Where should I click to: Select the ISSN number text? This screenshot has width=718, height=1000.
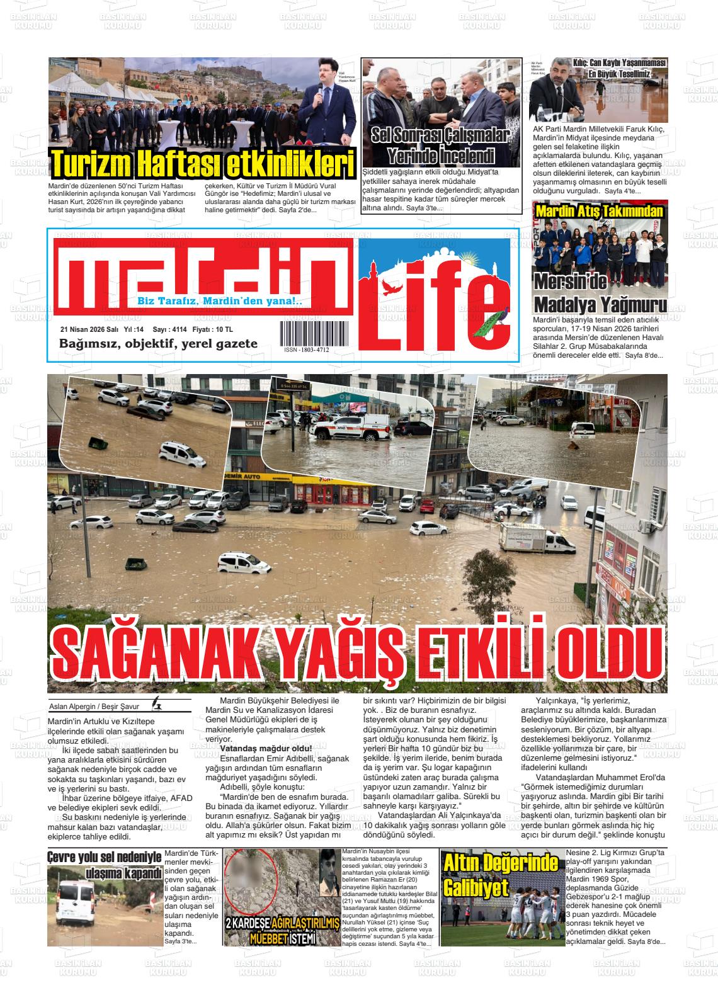tap(306, 349)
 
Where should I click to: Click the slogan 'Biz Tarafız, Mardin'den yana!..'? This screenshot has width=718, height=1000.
tap(220, 302)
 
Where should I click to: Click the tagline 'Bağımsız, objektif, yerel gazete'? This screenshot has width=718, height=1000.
tap(158, 344)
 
